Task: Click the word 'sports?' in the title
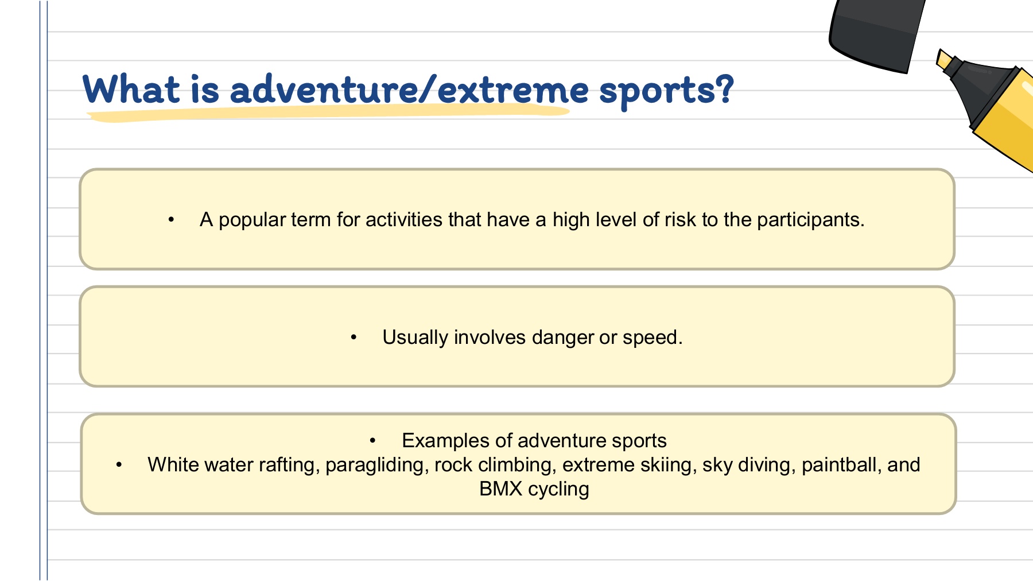pyautogui.click(x=666, y=91)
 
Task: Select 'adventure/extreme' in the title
pyautogui.click(x=409, y=90)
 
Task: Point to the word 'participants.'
pyautogui.click(x=810, y=220)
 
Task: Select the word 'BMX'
pyautogui.click(x=500, y=489)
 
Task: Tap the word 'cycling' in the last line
pyautogui.click(x=558, y=490)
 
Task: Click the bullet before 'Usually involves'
pyautogui.click(x=354, y=338)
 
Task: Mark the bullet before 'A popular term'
pyautogui.click(x=171, y=220)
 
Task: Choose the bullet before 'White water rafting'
pyautogui.click(x=119, y=465)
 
